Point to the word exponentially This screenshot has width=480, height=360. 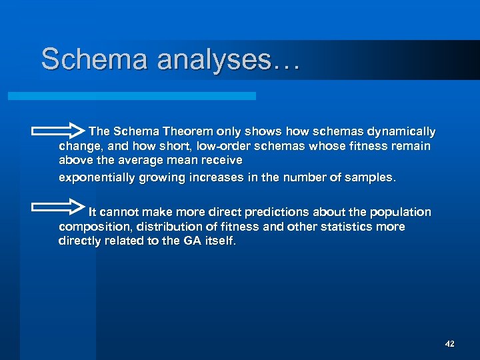[x=97, y=178]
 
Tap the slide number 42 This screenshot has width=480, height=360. [x=449, y=343]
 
